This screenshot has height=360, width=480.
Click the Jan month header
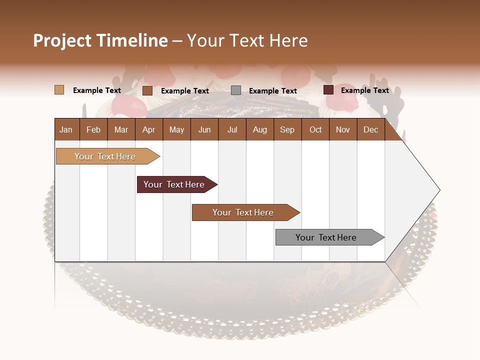(66, 129)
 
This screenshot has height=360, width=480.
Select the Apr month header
(149, 129)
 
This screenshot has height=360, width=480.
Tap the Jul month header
(232, 129)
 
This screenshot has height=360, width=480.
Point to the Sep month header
(287, 129)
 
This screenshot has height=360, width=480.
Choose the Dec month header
(370, 129)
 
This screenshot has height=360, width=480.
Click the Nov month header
(343, 129)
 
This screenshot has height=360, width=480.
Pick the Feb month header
(93, 129)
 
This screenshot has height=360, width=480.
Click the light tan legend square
(59, 90)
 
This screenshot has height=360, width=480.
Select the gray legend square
(236, 90)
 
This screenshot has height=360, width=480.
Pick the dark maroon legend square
(328, 90)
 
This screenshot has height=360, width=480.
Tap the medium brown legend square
(147, 90)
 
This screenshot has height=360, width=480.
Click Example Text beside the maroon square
(364, 90)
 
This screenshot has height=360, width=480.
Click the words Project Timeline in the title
(100, 40)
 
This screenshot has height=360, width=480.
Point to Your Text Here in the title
(247, 40)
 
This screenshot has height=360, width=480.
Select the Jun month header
(204, 129)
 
